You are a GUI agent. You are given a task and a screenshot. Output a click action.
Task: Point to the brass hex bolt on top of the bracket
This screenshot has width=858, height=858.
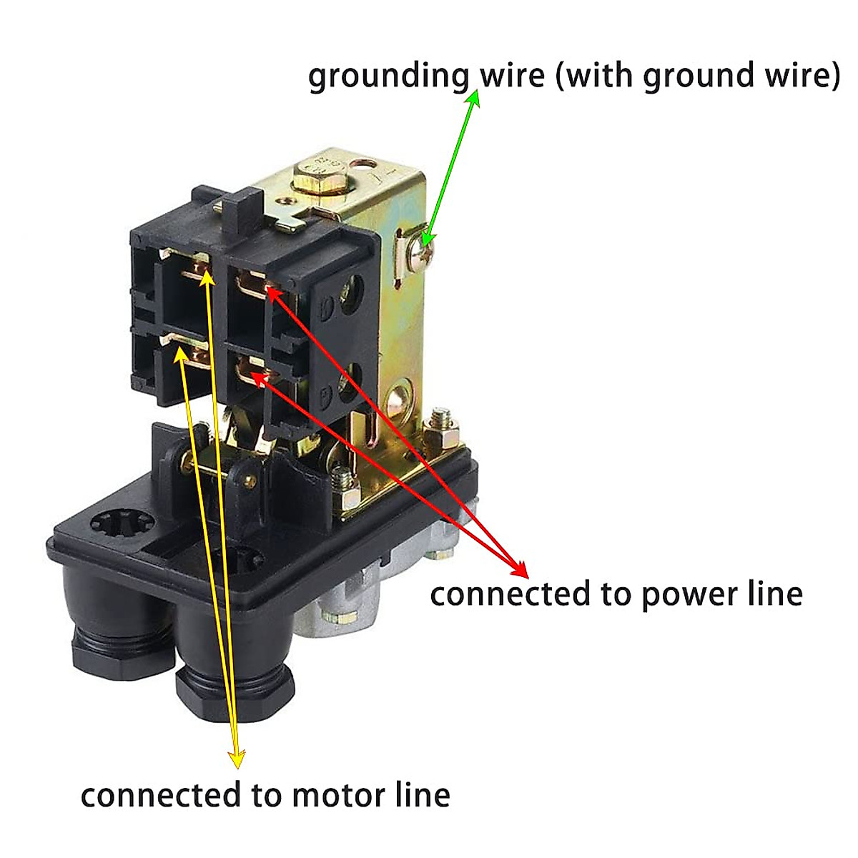click(315, 182)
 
